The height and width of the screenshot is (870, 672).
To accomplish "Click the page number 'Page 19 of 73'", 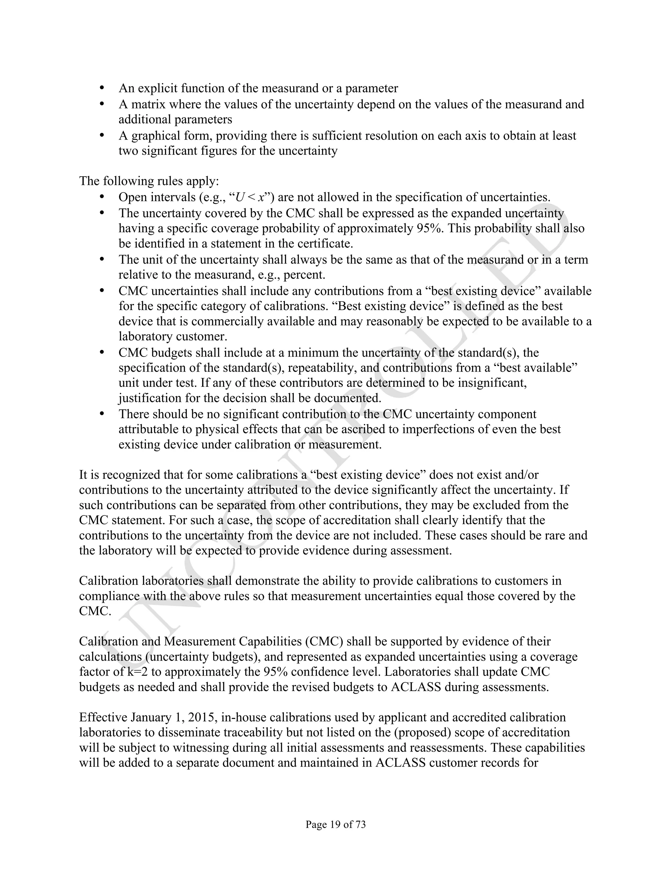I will (336, 824).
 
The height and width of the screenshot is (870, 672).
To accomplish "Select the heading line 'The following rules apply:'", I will (149, 181).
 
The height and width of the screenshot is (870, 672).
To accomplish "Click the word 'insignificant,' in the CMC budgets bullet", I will (492, 383).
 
